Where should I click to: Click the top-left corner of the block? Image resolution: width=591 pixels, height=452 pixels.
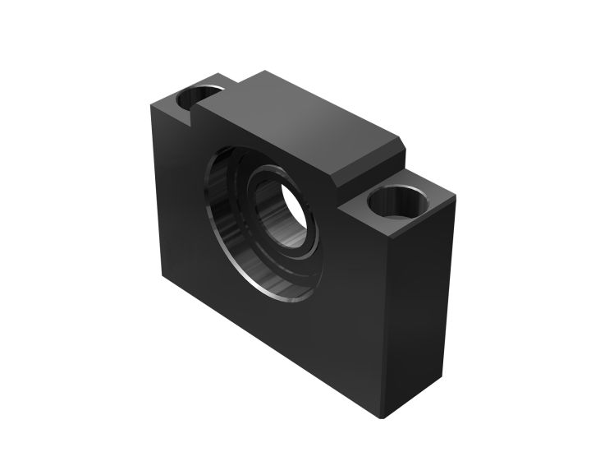click(151, 106)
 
